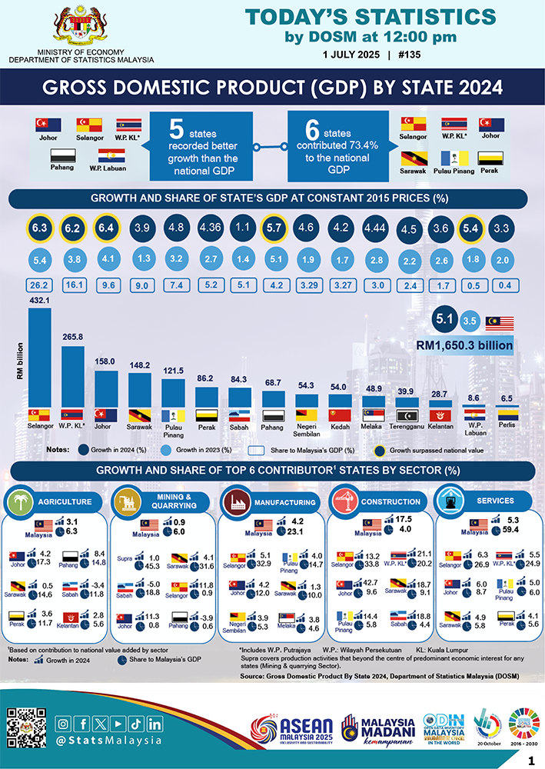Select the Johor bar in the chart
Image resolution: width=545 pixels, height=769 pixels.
[x=106, y=388]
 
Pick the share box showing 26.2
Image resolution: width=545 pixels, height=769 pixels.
[x=39, y=283]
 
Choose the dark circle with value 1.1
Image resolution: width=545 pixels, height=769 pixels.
[x=241, y=228]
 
